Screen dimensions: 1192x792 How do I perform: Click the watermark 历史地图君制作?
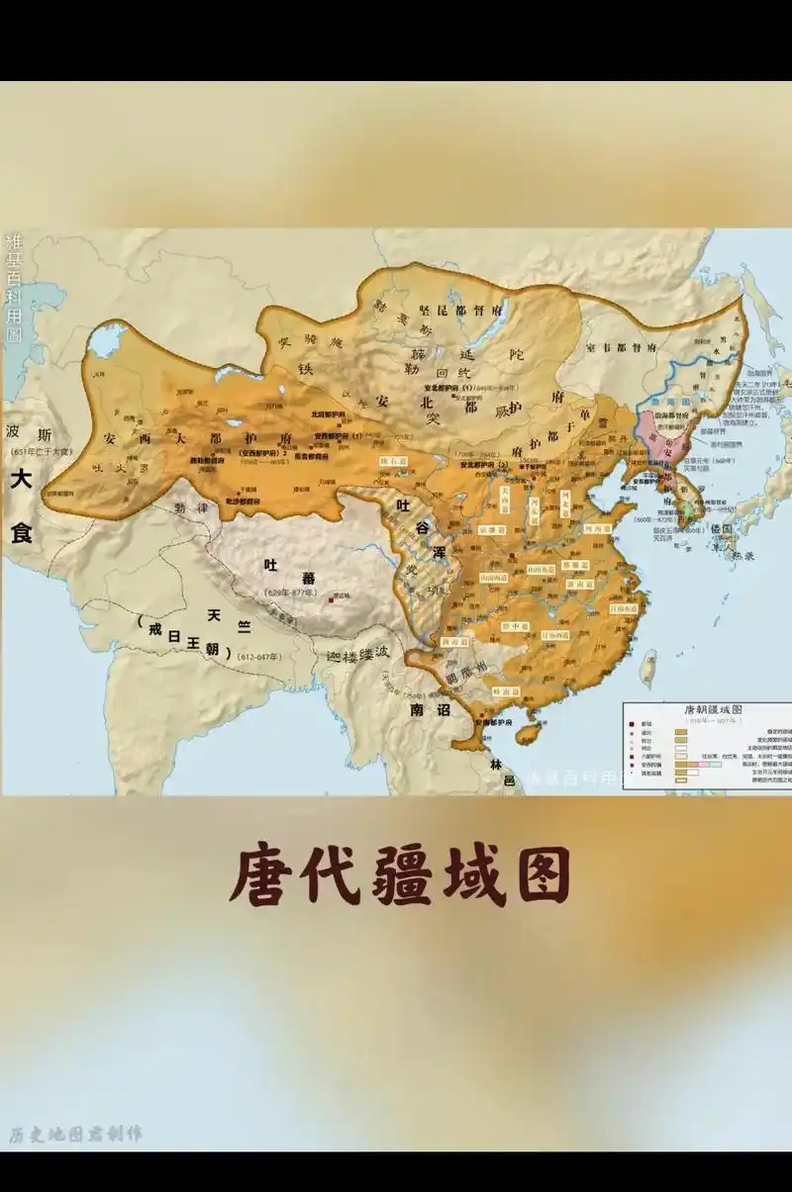(x=75, y=1134)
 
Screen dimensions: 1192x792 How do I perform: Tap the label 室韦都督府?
(x=621, y=348)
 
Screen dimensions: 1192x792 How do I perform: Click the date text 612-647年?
(x=259, y=656)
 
